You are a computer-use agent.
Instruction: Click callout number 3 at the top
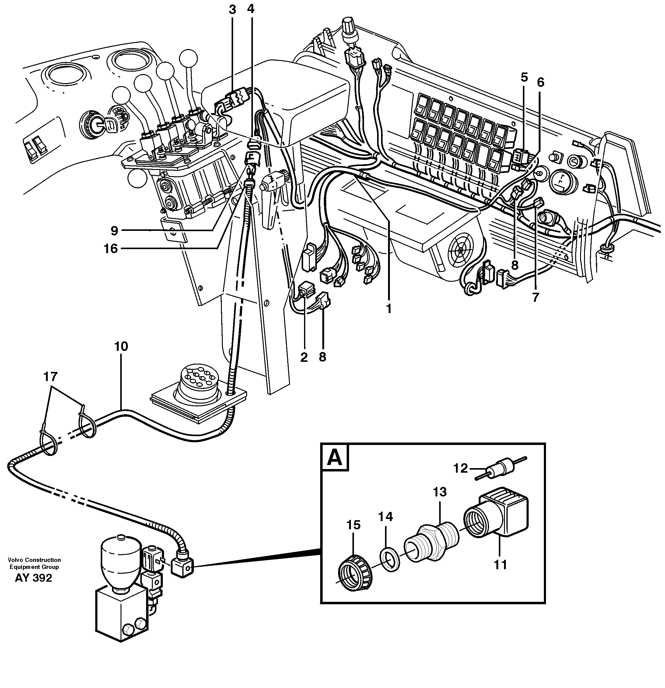[x=233, y=10]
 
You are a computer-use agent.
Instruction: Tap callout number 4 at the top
[x=250, y=9]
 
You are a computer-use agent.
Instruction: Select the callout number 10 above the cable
[x=121, y=347]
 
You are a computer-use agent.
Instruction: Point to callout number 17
[x=50, y=377]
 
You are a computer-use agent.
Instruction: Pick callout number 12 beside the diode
[x=460, y=468]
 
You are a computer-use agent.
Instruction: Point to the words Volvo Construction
[x=34, y=560]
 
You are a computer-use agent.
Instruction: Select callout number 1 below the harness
[x=388, y=309]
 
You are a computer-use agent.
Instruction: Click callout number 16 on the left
[x=111, y=249]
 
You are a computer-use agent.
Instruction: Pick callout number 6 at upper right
[x=540, y=83]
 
